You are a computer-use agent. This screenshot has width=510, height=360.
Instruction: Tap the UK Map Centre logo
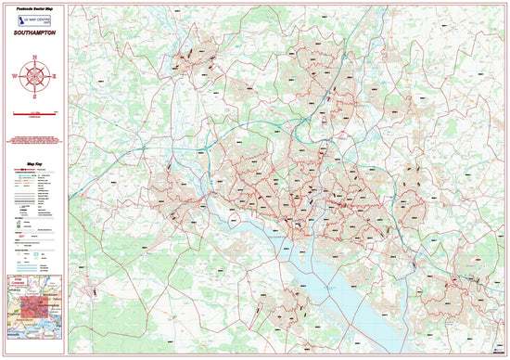[x=35, y=19]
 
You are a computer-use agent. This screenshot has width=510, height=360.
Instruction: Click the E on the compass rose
[x=53, y=72]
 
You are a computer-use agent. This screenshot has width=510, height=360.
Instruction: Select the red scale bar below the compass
[x=35, y=111]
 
